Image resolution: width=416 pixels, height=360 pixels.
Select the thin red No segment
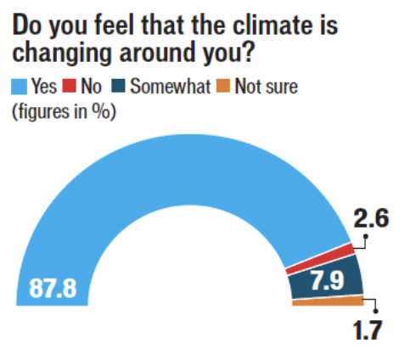tap(318, 259)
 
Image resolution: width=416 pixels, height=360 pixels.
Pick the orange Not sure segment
tap(327, 301)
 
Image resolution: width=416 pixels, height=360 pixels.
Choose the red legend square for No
tap(71, 85)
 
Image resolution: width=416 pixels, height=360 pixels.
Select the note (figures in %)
tap(64, 111)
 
